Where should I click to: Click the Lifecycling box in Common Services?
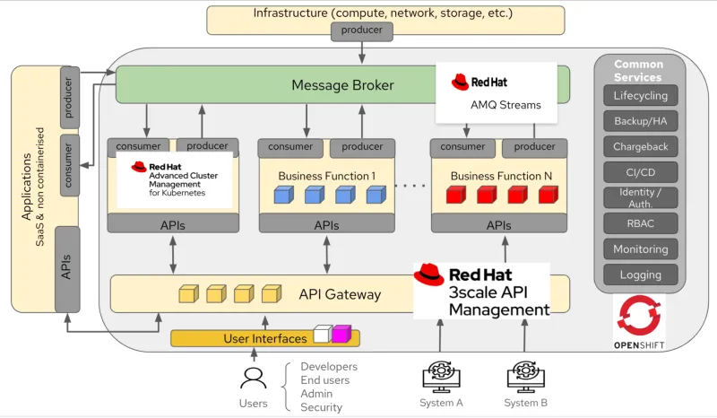[x=640, y=96]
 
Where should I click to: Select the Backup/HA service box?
[x=640, y=121]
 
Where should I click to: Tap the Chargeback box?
[x=640, y=147]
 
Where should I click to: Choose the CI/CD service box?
[x=640, y=172]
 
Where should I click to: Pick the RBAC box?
[x=640, y=223]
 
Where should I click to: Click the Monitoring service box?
[x=640, y=249]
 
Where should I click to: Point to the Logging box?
[x=640, y=275]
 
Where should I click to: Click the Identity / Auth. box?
[x=640, y=197]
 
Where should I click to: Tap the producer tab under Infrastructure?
[x=362, y=30]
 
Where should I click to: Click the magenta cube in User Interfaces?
[x=341, y=335]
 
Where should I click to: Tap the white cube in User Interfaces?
[x=322, y=335]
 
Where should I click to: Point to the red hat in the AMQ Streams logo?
[x=462, y=82]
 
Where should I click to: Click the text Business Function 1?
[x=326, y=176]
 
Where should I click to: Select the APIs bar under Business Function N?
[x=498, y=225]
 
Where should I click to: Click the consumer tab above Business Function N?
[x=462, y=147]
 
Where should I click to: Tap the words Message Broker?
[x=342, y=86]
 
